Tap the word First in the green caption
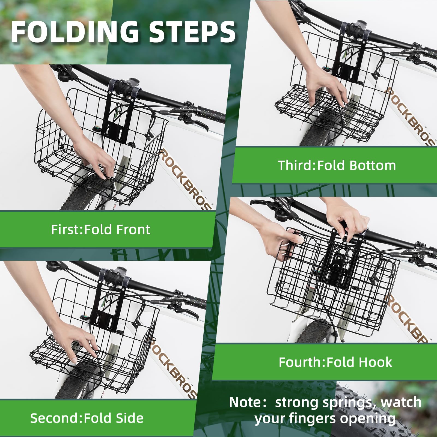66,230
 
